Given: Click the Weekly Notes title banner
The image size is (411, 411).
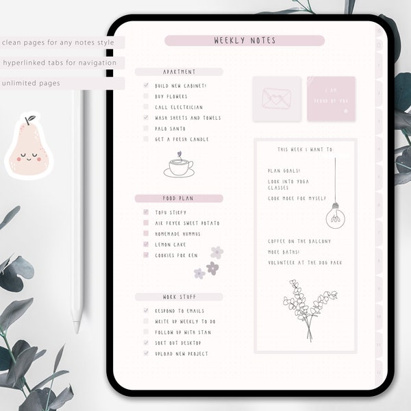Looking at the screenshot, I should pos(245,41).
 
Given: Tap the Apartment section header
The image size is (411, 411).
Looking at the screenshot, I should pos(179,72).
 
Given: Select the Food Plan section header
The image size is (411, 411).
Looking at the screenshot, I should pos(179,199).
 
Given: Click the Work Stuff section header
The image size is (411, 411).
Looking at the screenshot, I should pos(179,297).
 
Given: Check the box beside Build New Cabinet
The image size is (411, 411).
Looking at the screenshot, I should pos(146,86).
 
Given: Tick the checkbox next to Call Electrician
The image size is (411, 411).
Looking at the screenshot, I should pos(146,108).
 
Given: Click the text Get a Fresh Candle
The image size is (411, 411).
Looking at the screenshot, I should pos(182,140).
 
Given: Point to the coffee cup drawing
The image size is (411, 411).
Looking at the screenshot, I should pos(178,165).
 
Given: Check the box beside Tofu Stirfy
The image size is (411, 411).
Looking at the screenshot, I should pos(146,213).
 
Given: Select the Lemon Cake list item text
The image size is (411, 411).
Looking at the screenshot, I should pos(171,245).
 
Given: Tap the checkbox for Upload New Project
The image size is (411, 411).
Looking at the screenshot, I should pos(146,353).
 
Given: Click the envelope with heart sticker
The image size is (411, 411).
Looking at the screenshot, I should pos(276,99).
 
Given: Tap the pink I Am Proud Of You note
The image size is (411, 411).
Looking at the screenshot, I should pos(331,99).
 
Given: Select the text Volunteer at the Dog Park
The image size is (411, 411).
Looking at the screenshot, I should pos(305,263).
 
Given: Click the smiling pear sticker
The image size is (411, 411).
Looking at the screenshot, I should pos(29,147).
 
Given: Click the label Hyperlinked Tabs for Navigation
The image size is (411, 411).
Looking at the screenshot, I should pos(59,63).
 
